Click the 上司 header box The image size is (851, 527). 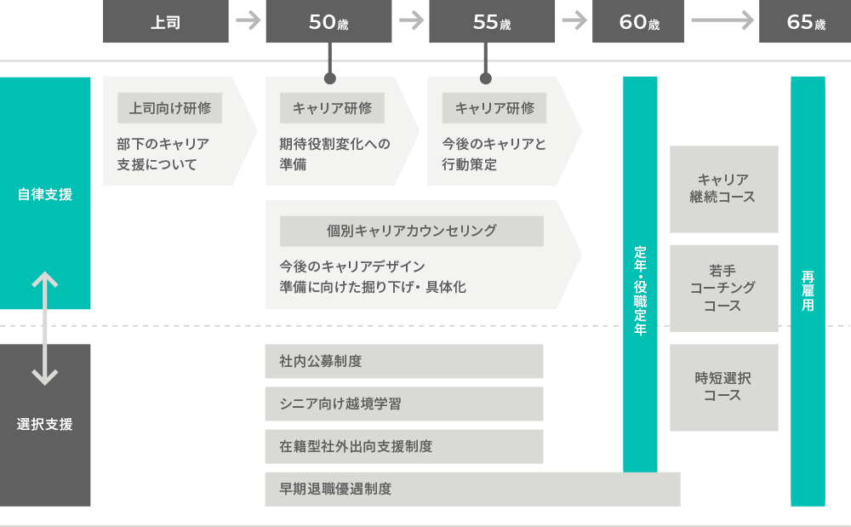pos(166,22)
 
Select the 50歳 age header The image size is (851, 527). pos(328,22)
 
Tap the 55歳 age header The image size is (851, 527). pos(492,22)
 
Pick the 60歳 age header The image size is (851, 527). pos(638,22)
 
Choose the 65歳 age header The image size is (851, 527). pos(805,22)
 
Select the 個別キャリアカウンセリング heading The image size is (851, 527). pos(412,230)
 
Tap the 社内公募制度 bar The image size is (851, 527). pos(403,361)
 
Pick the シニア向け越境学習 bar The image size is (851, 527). pos(403,404)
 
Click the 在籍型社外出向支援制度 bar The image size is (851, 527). pos(403,446)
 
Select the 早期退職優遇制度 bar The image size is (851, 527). pos(472,489)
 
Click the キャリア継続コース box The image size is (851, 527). pos(723,189)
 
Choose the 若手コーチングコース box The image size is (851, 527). pos(723,288)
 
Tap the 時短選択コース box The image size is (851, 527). pos(723,387)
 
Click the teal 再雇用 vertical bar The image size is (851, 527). pos(808,291)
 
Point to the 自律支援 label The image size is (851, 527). pos(45,194)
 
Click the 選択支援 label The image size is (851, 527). pos(45,424)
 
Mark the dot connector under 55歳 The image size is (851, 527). pos(486,78)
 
